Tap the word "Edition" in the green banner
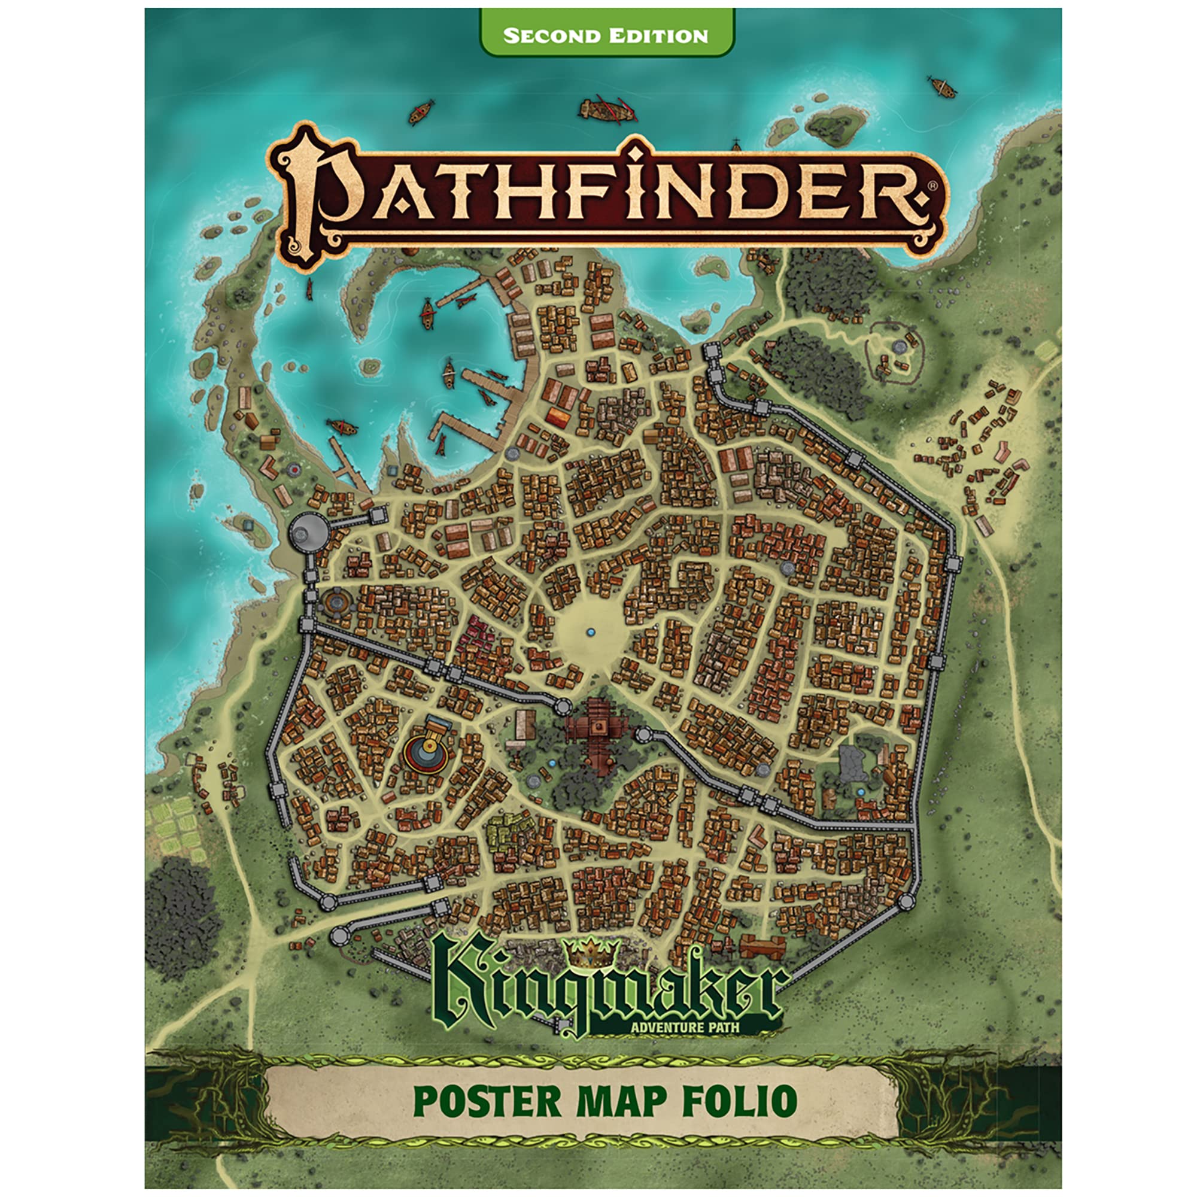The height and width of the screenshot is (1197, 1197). click(x=658, y=35)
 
